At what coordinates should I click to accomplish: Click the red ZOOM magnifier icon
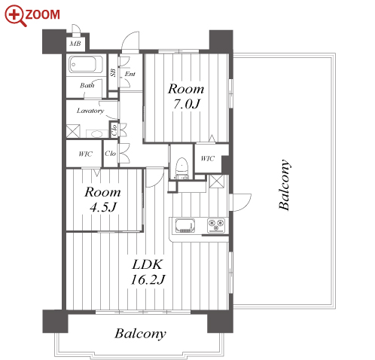(15, 16)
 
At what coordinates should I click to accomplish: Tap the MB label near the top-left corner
(75, 44)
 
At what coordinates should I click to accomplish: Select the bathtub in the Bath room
(86, 64)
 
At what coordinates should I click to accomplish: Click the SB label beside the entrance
(113, 73)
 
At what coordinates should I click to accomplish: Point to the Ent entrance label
(130, 74)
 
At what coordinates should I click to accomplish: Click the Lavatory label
(90, 111)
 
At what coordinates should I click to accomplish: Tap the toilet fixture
(181, 167)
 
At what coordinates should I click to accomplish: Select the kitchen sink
(185, 225)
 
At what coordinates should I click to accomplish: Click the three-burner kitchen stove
(216, 225)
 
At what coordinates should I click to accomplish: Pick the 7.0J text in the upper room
(187, 104)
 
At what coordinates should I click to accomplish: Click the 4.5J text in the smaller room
(103, 207)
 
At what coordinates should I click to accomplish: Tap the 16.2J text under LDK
(148, 279)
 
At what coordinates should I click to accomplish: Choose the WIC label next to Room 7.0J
(208, 158)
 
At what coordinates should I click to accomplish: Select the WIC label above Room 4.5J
(85, 154)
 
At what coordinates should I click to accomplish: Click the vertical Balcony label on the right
(285, 185)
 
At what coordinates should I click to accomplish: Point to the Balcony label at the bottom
(141, 334)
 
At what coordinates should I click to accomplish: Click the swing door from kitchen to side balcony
(240, 202)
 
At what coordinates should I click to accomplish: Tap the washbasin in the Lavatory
(97, 133)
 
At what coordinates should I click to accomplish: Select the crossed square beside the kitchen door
(216, 182)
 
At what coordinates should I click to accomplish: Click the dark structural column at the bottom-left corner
(55, 322)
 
